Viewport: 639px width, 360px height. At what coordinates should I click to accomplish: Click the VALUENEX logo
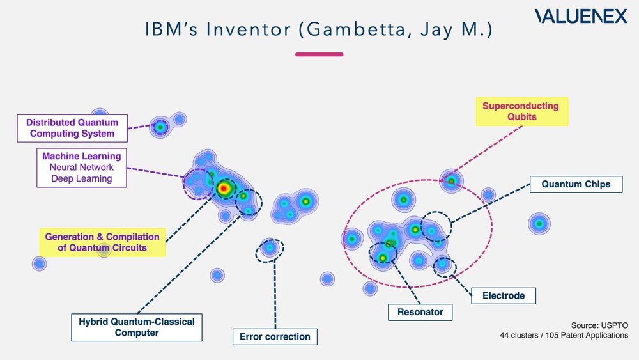tap(581, 16)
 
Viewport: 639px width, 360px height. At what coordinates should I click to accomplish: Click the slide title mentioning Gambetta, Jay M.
tap(319, 30)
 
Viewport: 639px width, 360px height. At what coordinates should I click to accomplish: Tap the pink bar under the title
tap(319, 54)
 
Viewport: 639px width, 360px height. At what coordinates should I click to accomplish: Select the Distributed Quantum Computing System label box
tap(72, 128)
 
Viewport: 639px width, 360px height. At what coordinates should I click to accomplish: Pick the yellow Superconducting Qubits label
tap(520, 111)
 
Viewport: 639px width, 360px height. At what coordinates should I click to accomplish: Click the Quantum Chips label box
tap(576, 184)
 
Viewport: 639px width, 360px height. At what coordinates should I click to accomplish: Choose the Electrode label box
tap(503, 295)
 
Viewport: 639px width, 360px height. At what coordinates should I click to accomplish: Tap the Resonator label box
tap(420, 312)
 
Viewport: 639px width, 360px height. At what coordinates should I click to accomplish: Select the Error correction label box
tap(275, 336)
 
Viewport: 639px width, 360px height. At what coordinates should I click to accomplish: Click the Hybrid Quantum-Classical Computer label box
tap(135, 326)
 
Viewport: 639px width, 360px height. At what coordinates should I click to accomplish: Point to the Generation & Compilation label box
tap(102, 242)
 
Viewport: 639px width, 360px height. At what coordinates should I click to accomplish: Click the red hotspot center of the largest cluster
tap(224, 188)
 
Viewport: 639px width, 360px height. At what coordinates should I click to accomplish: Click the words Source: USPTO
tap(600, 325)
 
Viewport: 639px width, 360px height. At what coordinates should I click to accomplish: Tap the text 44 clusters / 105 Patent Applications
tap(564, 335)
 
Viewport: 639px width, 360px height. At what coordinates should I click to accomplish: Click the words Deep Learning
tap(81, 179)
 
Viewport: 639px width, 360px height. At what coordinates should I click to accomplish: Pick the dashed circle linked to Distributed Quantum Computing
tap(160, 127)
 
